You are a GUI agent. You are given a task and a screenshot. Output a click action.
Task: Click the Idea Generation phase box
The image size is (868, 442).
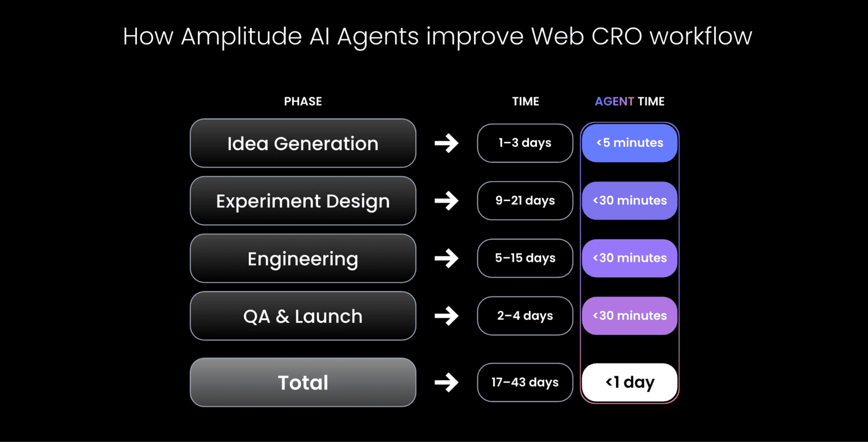303,143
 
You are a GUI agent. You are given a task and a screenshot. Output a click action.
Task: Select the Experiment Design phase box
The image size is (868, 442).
303,201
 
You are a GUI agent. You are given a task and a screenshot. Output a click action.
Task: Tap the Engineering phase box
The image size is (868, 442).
303,258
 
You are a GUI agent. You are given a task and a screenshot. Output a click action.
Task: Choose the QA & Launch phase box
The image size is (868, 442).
303,316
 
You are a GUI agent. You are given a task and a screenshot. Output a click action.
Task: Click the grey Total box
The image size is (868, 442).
303,382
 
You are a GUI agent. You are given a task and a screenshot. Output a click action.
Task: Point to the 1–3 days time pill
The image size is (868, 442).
525,143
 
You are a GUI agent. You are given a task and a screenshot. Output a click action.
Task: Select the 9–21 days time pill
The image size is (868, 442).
525,200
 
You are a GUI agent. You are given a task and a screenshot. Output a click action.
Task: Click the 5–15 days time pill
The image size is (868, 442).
525,258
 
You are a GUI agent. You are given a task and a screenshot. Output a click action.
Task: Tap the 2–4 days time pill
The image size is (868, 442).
525,316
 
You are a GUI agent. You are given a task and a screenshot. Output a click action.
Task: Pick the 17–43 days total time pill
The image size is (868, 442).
525,382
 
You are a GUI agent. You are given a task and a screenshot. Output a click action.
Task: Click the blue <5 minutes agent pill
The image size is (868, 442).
629,143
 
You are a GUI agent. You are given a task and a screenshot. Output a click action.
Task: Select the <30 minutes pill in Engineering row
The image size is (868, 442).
629,258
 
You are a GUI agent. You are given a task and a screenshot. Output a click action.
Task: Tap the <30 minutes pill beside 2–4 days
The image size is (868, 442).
629,316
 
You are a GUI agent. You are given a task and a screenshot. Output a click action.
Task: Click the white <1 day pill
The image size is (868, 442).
629,382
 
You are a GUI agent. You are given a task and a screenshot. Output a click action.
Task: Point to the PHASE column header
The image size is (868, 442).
303,101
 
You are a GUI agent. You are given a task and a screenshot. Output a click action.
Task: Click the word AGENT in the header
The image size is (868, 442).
614,101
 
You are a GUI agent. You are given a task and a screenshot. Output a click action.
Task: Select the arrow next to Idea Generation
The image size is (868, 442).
447,143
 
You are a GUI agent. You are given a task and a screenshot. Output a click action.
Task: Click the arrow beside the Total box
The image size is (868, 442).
447,382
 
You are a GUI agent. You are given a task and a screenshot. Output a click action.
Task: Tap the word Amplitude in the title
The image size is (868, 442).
241,36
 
